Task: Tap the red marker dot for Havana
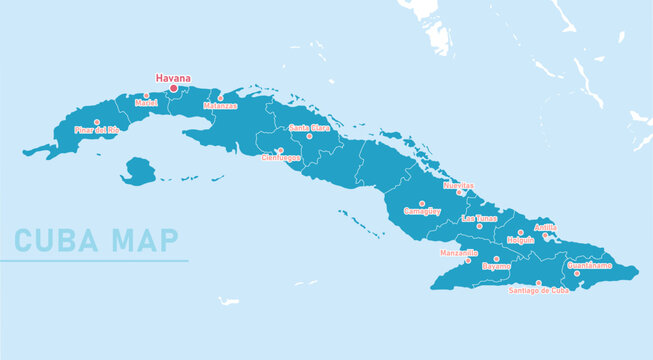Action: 173,88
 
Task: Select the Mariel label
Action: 146,103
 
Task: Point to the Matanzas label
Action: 220,105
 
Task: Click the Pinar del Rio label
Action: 97,130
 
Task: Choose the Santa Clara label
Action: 309,128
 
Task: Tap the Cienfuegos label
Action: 280,158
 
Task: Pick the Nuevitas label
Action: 458,185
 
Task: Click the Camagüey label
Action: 422,211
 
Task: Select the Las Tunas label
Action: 479,218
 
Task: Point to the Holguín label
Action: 520,240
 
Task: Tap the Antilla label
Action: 546,227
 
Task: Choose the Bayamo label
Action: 496,267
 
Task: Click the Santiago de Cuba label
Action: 538,291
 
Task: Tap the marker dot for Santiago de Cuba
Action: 538,283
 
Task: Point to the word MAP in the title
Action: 145,241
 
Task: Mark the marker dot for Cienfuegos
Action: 280,150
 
